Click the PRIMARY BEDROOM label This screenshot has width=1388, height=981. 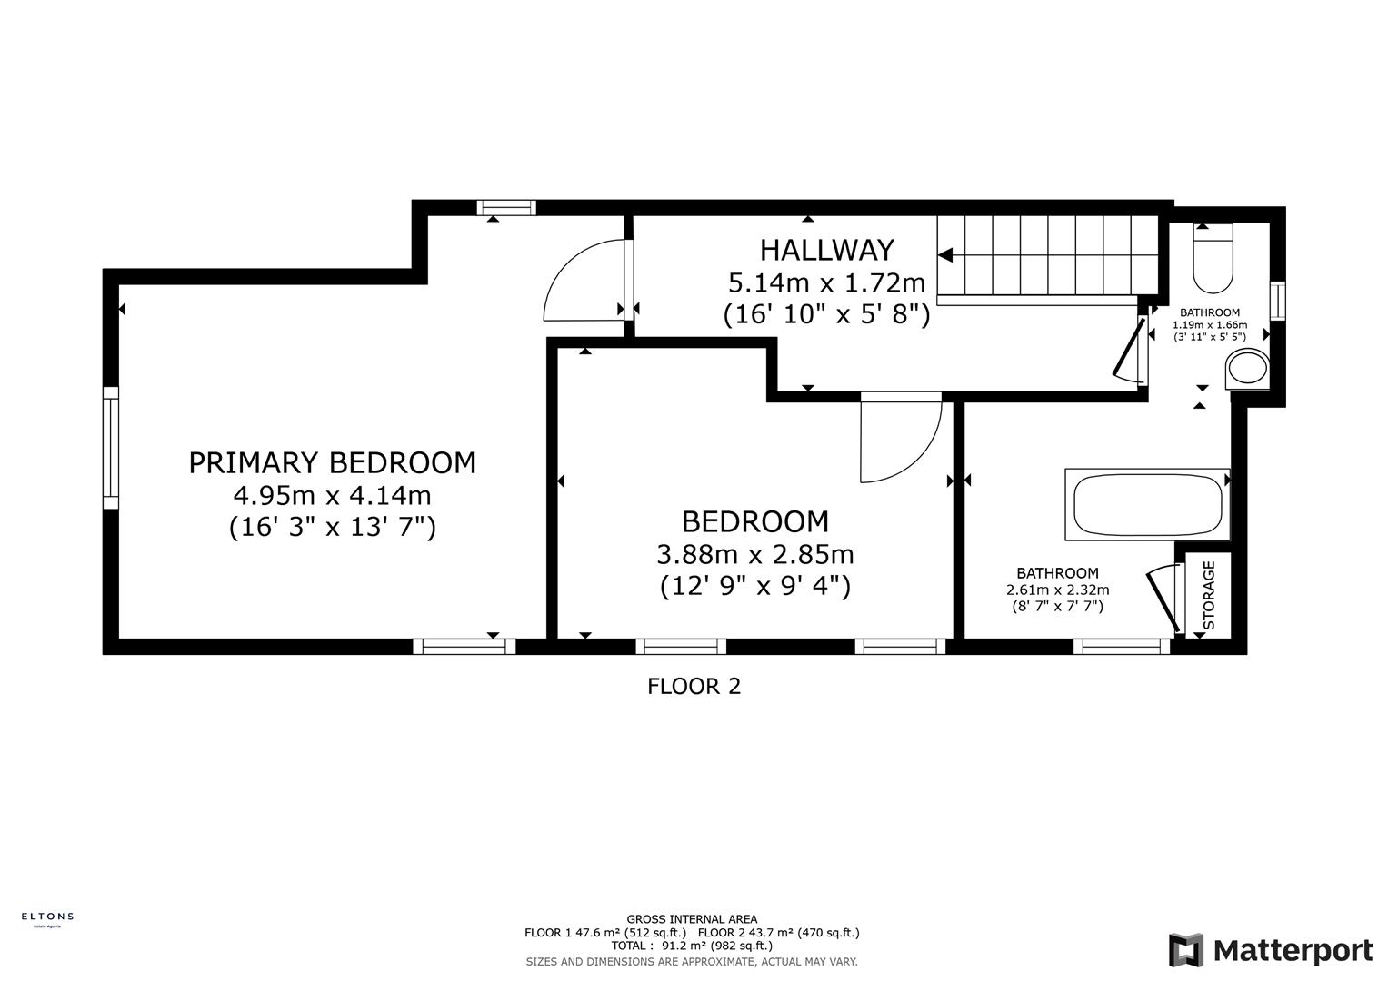click(x=332, y=463)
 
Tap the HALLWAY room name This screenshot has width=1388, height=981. click(x=826, y=250)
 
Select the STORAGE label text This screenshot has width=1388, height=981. click(x=1209, y=596)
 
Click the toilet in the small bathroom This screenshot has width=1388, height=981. click(x=1212, y=260)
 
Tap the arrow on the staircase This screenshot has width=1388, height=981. click(x=945, y=255)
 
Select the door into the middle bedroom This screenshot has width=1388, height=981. click(x=899, y=440)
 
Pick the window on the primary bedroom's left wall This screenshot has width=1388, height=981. click(x=111, y=447)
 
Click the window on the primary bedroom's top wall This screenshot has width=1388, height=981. click(x=506, y=208)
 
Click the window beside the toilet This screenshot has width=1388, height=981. click(x=1277, y=302)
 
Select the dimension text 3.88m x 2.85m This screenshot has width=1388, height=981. click(x=754, y=554)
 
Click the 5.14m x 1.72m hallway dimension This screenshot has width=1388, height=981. click(x=826, y=282)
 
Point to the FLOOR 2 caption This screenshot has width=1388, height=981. click(x=694, y=687)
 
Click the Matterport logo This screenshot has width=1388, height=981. click(x=1270, y=950)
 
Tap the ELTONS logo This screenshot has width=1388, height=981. click(x=47, y=918)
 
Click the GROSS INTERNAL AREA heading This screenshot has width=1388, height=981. click(x=692, y=919)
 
